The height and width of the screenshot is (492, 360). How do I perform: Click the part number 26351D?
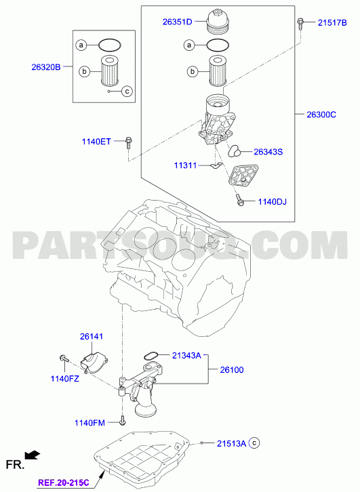[177, 22]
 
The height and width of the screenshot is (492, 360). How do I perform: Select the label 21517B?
[332, 22]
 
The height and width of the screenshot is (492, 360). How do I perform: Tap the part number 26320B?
[46, 67]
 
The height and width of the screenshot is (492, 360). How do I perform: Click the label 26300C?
[321, 115]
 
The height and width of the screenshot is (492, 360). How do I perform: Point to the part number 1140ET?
[96, 142]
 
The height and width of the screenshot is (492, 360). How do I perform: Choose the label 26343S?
[268, 152]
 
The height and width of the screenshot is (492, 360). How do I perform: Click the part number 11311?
[186, 165]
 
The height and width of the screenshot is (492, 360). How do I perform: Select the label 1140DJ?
[272, 201]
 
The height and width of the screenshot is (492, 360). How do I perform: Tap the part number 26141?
[92, 336]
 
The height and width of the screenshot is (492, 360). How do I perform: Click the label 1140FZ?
[64, 379]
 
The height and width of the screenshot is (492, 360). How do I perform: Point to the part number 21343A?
[186, 356]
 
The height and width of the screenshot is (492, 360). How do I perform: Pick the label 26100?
[232, 370]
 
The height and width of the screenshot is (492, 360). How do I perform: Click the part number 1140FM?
[89, 423]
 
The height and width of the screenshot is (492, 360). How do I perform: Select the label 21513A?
[231, 443]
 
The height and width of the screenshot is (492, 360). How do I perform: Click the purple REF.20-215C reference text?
[64, 483]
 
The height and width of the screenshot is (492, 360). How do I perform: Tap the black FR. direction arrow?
[33, 455]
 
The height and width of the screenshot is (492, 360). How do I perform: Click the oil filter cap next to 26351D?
[218, 21]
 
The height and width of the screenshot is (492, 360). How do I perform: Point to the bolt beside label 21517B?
[300, 24]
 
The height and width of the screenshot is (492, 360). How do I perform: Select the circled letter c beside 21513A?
[254, 443]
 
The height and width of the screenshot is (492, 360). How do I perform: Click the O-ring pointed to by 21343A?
[151, 356]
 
